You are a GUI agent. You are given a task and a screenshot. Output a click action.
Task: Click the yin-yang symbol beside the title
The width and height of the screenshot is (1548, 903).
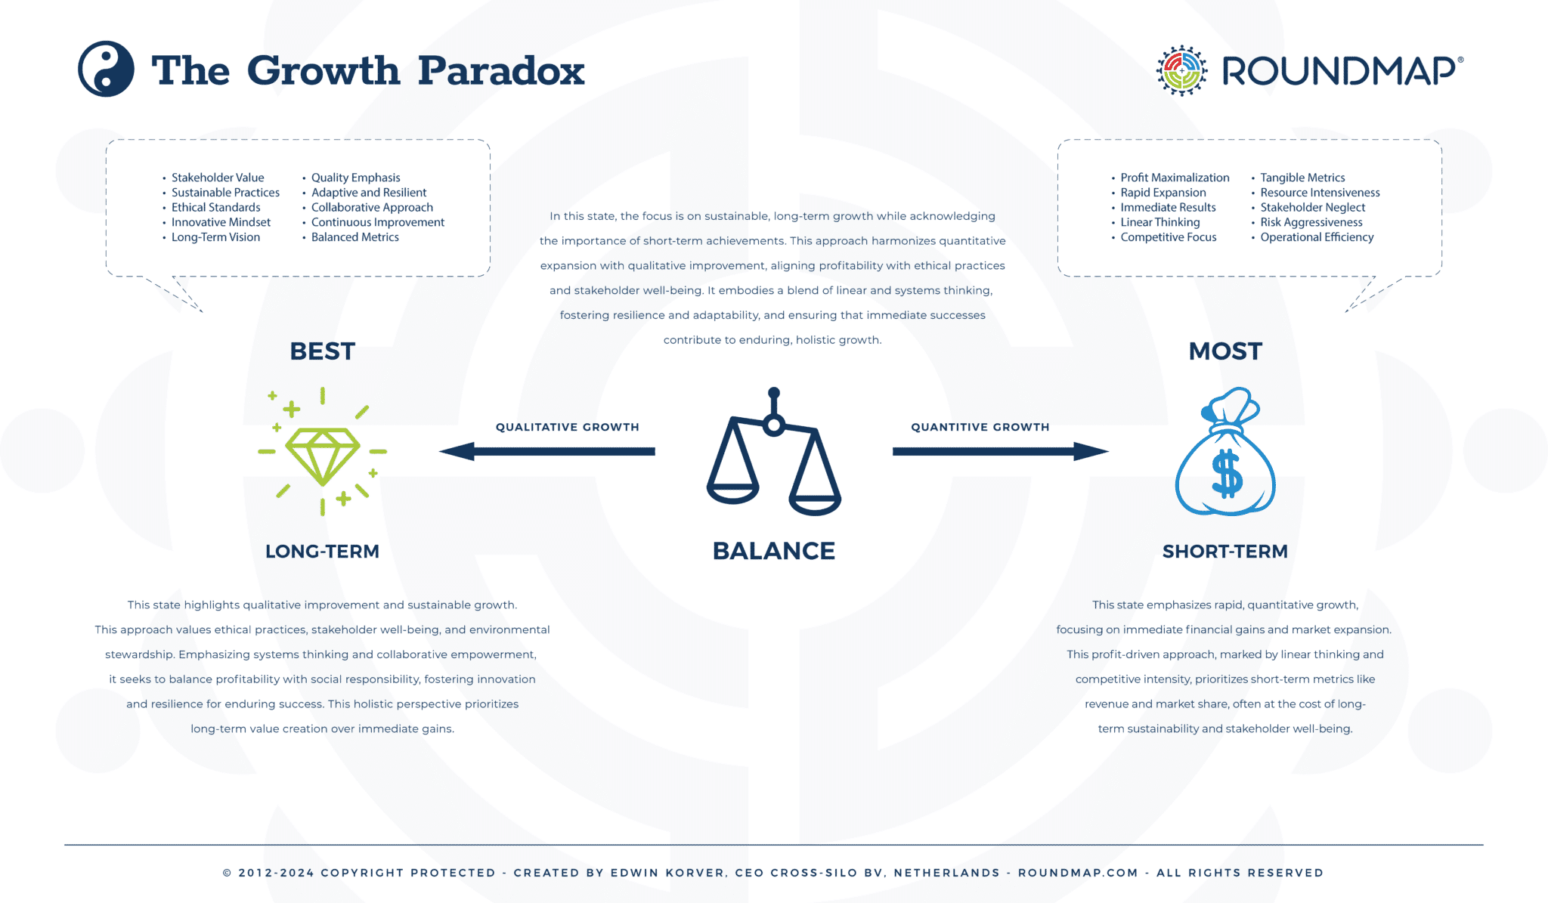(x=106, y=69)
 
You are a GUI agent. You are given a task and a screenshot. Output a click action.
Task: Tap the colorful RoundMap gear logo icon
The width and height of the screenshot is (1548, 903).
(x=1181, y=70)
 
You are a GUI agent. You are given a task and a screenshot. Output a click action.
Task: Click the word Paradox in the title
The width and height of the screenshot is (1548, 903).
(x=501, y=71)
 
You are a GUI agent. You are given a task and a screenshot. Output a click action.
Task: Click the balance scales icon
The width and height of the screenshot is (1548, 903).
(x=773, y=454)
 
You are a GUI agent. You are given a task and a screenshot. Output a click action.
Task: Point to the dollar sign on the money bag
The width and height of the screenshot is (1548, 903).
(x=1226, y=474)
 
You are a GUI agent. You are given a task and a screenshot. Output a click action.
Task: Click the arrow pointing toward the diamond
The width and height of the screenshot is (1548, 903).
(x=546, y=451)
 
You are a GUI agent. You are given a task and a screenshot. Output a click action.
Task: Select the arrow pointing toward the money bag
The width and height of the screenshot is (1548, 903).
(x=1001, y=451)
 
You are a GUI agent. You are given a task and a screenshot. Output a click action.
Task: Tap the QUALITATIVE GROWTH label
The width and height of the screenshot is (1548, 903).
(x=567, y=427)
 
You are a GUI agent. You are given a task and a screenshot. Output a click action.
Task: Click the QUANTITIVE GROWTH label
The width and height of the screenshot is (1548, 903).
(x=980, y=427)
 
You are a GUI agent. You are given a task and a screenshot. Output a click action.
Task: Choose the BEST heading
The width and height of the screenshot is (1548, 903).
(x=322, y=351)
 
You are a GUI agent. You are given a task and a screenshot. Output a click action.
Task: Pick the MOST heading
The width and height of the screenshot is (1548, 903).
(x=1225, y=351)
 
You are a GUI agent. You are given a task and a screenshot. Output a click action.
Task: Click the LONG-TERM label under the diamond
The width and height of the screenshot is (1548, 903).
(x=322, y=552)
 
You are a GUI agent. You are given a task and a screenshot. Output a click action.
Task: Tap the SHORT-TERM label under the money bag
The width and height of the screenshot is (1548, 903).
(x=1224, y=552)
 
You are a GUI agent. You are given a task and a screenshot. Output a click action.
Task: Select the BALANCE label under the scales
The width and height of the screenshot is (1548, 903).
(x=773, y=551)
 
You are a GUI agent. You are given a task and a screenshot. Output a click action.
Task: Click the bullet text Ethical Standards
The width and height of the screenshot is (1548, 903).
(x=215, y=207)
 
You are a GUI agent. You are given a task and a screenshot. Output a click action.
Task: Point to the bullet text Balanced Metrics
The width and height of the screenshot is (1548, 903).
(x=354, y=237)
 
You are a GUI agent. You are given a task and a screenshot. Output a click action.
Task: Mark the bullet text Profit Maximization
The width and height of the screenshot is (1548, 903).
(x=1175, y=178)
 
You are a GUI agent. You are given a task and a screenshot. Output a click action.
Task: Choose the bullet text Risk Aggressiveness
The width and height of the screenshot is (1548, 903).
(x=1311, y=222)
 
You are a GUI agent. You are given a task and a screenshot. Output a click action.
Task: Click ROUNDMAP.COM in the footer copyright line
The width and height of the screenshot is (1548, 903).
(x=1078, y=873)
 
